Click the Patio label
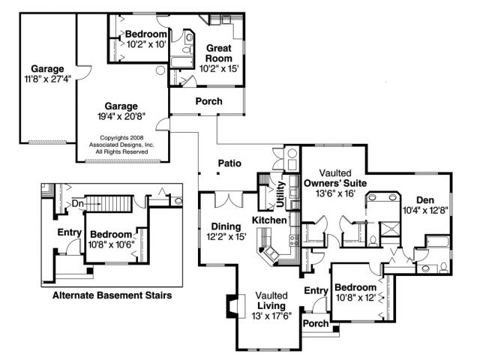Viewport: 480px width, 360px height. [229, 163]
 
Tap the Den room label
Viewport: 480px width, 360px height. [425, 200]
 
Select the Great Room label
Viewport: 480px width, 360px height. [218, 53]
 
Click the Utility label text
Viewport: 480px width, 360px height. [280, 194]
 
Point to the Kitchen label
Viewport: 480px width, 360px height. [269, 220]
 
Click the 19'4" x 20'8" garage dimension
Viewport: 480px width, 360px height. [121, 117]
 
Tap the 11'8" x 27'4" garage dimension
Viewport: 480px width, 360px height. [47, 79]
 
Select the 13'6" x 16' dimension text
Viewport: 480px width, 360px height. [335, 193]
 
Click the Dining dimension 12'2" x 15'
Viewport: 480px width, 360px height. [226, 237]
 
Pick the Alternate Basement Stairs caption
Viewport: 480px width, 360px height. [112, 295]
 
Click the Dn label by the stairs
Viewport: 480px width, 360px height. [77, 203]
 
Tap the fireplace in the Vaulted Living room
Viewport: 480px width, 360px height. [235, 307]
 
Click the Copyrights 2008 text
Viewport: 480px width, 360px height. [121, 138]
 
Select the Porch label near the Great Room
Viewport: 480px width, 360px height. [208, 101]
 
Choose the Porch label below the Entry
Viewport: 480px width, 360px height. [316, 323]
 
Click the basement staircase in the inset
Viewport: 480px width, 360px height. [109, 203]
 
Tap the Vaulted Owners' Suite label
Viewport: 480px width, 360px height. [335, 178]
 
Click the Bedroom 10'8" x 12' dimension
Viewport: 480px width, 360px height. [355, 298]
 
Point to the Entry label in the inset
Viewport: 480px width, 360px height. [70, 232]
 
